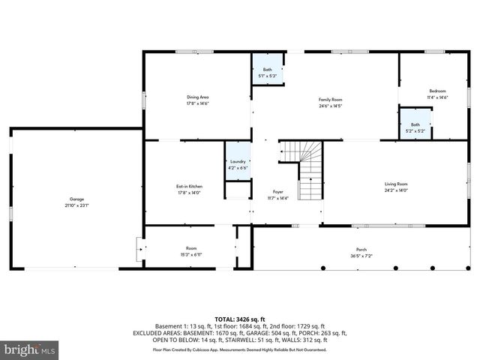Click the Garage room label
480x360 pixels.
(x=76, y=199)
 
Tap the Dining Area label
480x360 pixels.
(x=197, y=97)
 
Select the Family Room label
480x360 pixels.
(x=330, y=100)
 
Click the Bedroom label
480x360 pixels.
(x=437, y=91)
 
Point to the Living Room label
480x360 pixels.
(x=396, y=184)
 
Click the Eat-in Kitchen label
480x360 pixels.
(x=189, y=186)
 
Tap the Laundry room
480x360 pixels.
(x=238, y=163)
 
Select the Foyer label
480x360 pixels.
(x=278, y=192)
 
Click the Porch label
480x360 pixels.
(x=361, y=250)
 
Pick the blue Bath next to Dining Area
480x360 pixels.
(x=268, y=70)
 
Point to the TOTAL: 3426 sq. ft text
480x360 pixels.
(x=240, y=319)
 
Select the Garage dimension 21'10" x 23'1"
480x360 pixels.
(x=76, y=205)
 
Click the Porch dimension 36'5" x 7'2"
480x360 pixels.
(x=361, y=256)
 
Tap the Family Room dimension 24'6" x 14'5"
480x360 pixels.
(x=330, y=106)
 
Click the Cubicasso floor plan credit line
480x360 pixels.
(x=240, y=349)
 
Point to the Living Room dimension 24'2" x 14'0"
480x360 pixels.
(x=396, y=190)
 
